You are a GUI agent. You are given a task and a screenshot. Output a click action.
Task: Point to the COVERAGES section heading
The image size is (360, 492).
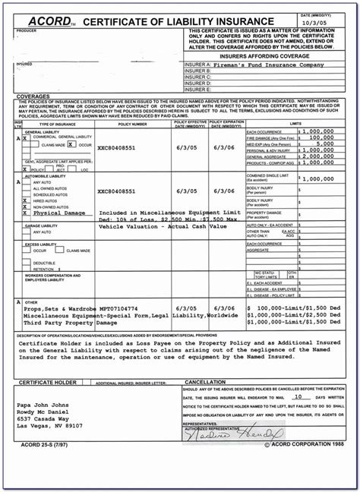tap(33, 97)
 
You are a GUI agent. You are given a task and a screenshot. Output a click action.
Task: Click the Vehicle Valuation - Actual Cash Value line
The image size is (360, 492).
tap(163, 225)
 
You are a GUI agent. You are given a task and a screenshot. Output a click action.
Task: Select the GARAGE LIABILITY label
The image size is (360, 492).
tap(45, 225)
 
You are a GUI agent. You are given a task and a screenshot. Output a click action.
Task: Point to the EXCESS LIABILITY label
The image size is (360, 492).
tap(45, 244)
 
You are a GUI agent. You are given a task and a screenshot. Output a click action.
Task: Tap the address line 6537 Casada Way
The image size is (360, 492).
tap(47, 418)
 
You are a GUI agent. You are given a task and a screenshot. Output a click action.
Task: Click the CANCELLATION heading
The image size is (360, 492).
tap(207, 382)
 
